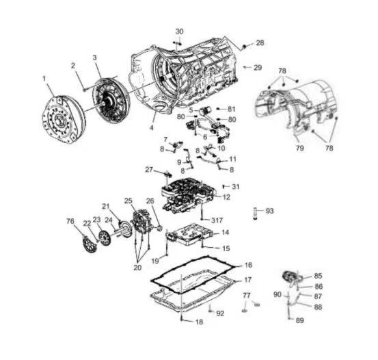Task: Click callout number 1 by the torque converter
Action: pos(44,79)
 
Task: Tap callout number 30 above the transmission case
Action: pos(179,31)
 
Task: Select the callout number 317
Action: pos(217,220)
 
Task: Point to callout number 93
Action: pos(270,211)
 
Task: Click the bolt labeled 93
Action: pos(255,214)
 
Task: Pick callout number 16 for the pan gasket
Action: pos(248,265)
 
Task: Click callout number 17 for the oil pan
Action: pos(248,280)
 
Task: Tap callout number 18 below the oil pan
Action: pos(200,322)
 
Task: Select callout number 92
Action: pos(220,313)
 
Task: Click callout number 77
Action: pos(247,295)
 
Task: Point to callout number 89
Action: pos(299,320)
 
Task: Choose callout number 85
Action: pos(319,276)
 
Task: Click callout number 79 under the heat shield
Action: pos(299,148)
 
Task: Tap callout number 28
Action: pos(260,42)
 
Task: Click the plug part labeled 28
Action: pos(243,47)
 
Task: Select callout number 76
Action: pos(70,221)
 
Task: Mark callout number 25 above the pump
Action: pos(129,201)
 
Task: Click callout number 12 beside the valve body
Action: pos(226,197)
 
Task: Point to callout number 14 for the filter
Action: pos(225,233)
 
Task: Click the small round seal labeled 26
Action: pos(159,228)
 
